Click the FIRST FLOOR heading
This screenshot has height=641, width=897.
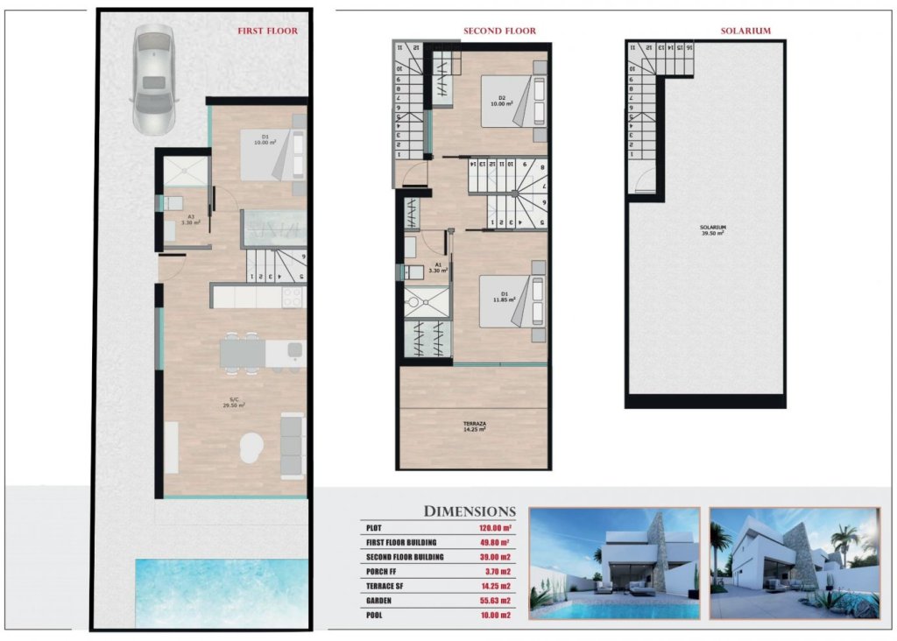[x=268, y=31]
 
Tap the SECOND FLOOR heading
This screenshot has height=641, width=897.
[x=499, y=31]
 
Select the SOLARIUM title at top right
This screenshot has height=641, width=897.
[x=745, y=31]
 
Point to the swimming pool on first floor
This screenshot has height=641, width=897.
[x=220, y=592]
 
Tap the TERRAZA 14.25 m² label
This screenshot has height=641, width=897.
[x=476, y=426]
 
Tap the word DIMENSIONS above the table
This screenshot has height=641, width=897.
[x=470, y=511]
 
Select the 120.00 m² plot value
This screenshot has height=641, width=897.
[x=495, y=528]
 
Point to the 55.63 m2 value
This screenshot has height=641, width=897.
[x=495, y=602]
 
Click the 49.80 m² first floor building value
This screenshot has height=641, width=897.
[x=495, y=543]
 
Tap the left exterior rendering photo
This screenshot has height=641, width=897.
[x=614, y=563]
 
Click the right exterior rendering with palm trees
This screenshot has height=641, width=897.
[x=794, y=563]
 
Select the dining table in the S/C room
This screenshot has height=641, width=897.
[x=243, y=353]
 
